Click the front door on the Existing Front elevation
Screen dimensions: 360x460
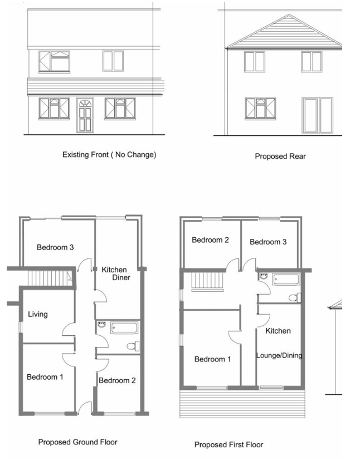pos(85,115)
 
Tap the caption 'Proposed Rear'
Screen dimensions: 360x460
pos(280,156)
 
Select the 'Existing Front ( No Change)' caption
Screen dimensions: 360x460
pos(109,155)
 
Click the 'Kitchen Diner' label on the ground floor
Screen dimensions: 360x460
pos(115,273)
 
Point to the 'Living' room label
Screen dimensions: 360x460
pos(38,315)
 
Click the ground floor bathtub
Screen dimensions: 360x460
pos(124,327)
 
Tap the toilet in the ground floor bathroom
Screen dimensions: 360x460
pos(133,346)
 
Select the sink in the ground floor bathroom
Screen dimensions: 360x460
pos(101,325)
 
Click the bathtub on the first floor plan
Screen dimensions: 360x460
pos(286,279)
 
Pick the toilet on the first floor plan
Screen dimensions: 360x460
pos(295,298)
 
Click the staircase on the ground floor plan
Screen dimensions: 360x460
pos(50,277)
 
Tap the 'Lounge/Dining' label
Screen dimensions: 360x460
pos(279,355)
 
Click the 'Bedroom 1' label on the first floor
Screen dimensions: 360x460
pos(212,359)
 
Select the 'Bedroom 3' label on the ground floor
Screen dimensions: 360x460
pos(55,247)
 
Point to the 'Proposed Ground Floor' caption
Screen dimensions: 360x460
pos(78,442)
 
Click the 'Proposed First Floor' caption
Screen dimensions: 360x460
pos(228,445)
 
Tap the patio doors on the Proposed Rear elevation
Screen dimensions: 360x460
pos(317,115)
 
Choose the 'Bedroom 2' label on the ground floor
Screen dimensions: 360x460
pos(117,380)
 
